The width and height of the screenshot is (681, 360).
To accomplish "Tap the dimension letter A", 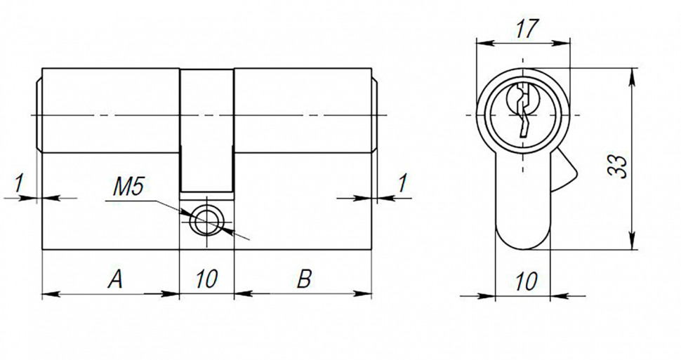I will coord(115,281).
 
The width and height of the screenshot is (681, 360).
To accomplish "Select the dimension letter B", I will coord(303,281).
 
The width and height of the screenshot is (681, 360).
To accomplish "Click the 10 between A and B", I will coord(206,281).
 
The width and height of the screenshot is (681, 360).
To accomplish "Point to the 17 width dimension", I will coord(526,29).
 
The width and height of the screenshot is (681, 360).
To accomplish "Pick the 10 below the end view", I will coord(526,281).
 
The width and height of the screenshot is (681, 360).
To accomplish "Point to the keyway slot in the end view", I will coord(523,112).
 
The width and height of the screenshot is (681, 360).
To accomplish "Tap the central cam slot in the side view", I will coord(207,130).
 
